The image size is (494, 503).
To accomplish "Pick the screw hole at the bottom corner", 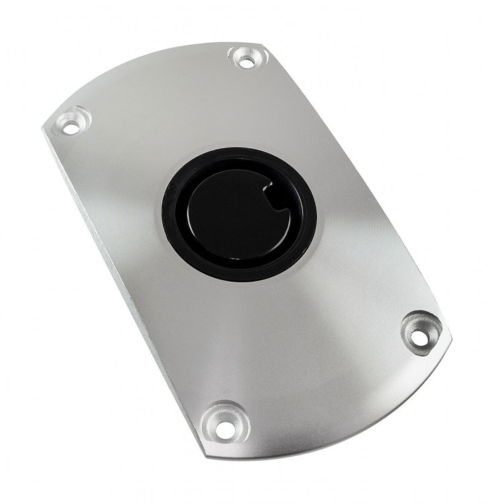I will tap(223, 416).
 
